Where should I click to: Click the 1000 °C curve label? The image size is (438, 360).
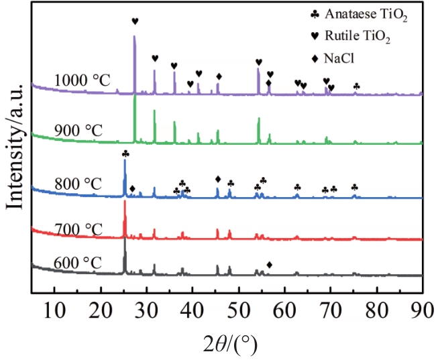82,80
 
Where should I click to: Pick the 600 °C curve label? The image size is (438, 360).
78,262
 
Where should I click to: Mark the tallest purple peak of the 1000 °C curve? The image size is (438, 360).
135,37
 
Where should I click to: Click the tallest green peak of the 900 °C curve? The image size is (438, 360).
135,96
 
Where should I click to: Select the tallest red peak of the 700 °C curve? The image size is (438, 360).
125,202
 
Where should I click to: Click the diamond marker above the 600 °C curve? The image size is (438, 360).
270,265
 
